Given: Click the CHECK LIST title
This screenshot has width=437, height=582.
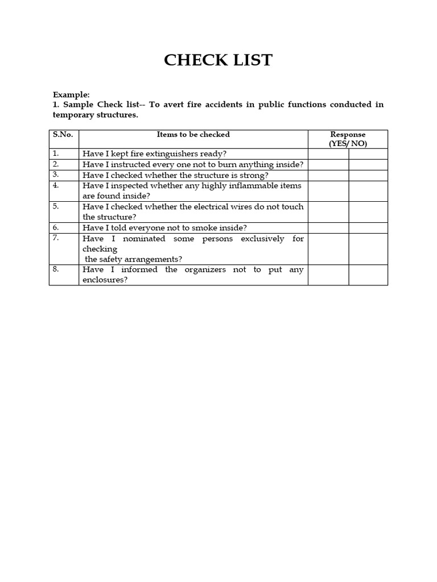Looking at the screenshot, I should (x=218, y=60).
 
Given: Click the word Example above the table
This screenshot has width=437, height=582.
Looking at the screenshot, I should (x=71, y=95).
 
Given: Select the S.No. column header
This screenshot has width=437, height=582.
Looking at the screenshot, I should (x=63, y=135).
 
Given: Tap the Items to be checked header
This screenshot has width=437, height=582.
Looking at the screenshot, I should (x=193, y=135).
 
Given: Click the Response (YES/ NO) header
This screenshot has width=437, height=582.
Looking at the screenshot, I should (x=348, y=139).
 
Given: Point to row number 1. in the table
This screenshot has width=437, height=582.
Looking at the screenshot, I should (x=56, y=153).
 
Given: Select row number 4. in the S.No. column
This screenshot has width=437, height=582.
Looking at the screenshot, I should (x=56, y=185).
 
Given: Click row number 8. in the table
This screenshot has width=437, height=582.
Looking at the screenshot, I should (x=56, y=269).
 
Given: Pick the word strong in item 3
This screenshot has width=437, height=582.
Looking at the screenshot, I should (x=254, y=175).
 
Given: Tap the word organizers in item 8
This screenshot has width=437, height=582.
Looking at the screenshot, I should (x=205, y=270).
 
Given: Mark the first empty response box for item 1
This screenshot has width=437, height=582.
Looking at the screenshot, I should (x=328, y=154).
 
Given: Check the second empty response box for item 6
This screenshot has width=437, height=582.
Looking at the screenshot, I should (x=368, y=228).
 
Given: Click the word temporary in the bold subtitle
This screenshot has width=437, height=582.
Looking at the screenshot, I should (x=75, y=115).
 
